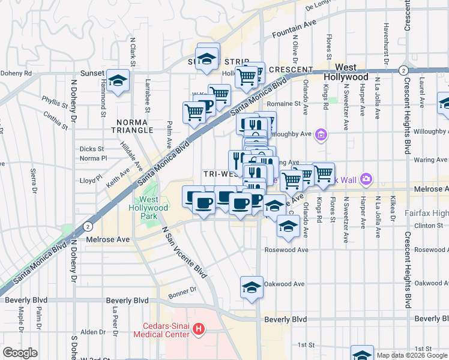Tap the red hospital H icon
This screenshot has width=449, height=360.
pos(200,329)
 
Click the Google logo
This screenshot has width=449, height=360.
pos(20,353)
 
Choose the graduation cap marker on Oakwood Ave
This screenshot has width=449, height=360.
pos(252,287)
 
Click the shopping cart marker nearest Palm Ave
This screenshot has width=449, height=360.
pos(194,112)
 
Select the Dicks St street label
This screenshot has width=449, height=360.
pos(92,149)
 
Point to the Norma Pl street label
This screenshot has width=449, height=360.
pos(93,158)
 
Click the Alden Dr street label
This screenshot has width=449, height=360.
pos(93,332)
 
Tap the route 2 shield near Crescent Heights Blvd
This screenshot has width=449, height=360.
pos(401,71)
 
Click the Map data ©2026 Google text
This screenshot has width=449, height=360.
pos(412,355)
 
